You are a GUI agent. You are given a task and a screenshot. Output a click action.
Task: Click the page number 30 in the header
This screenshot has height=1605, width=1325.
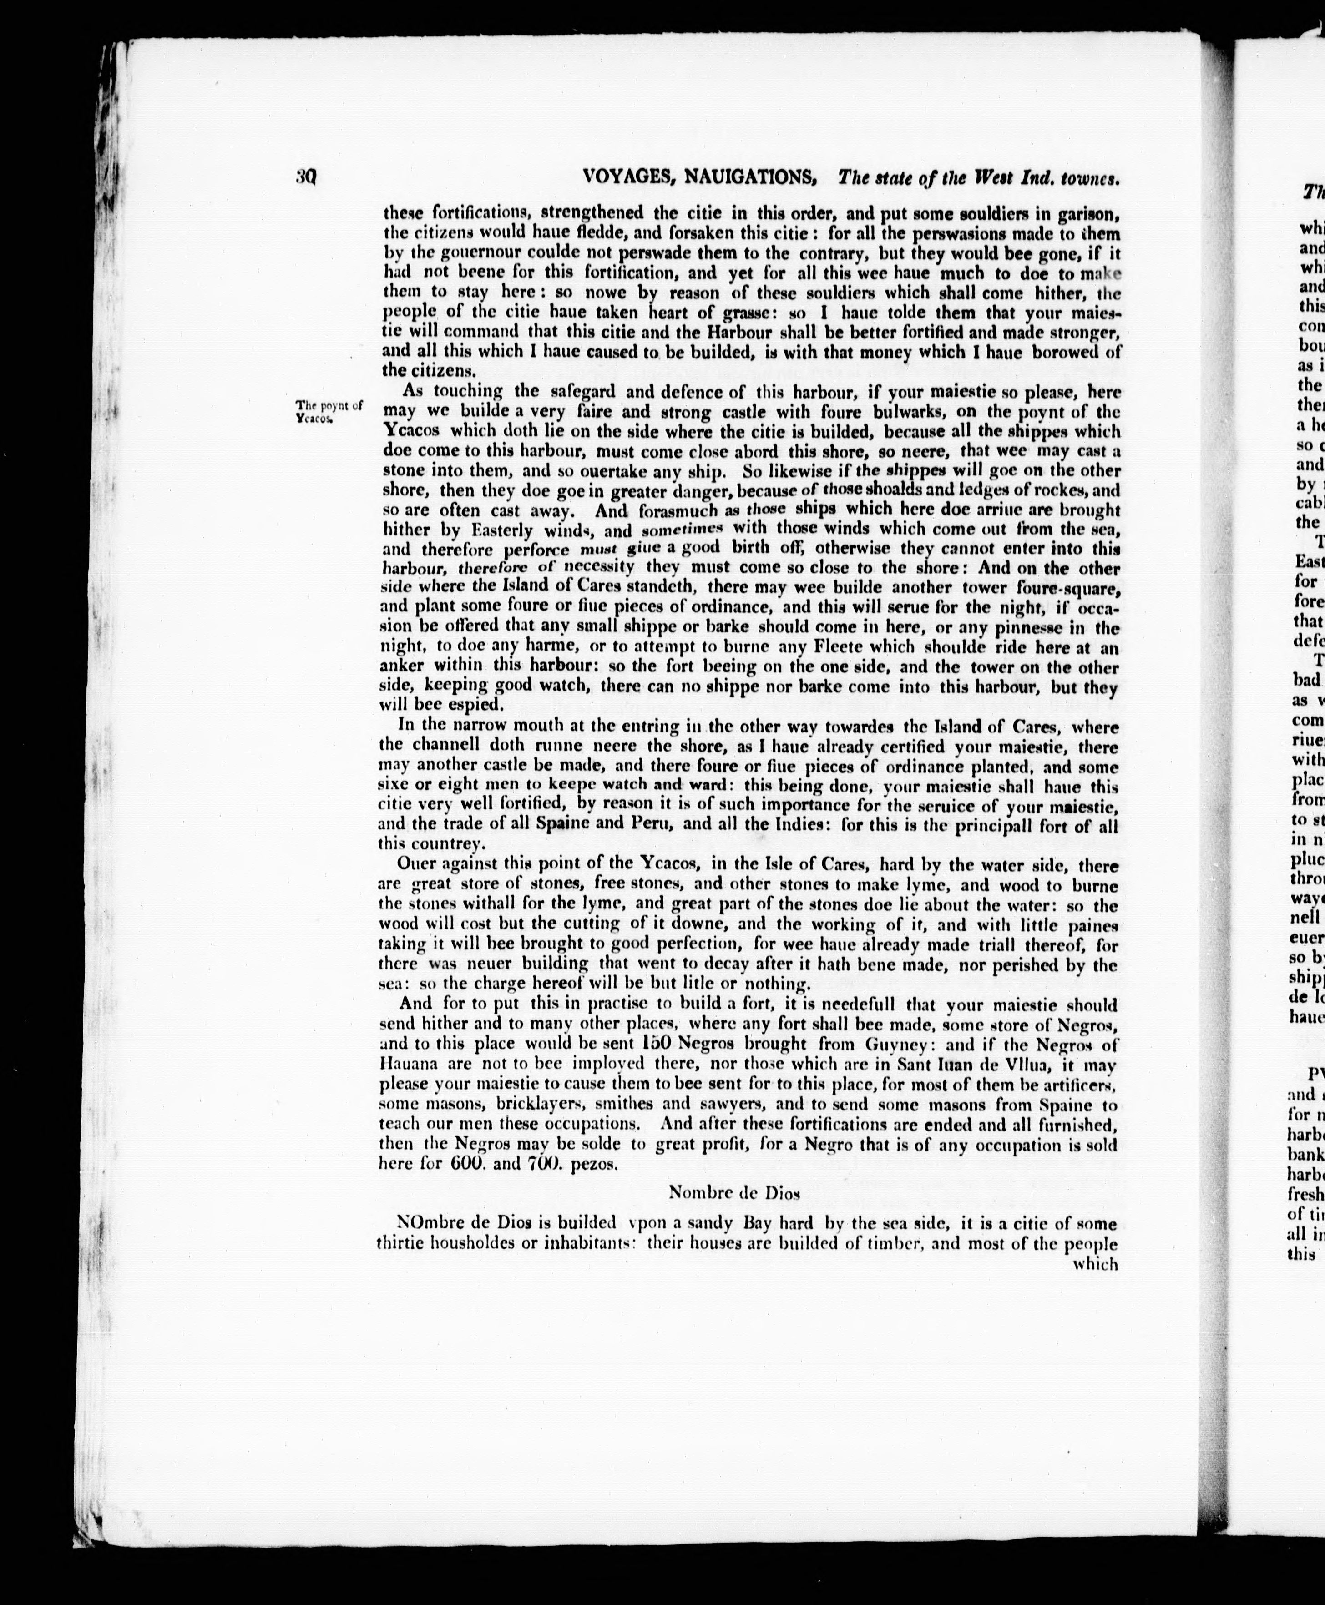click(x=306, y=178)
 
